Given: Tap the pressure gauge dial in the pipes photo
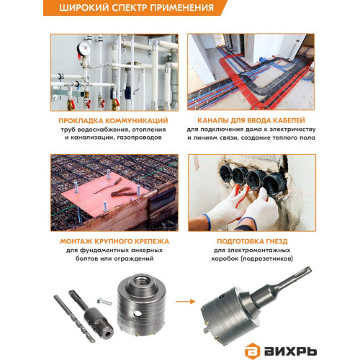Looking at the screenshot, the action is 84,49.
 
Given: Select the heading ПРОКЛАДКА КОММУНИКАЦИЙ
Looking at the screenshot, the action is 113,120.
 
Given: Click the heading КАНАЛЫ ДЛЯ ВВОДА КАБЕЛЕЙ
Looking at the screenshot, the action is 251,120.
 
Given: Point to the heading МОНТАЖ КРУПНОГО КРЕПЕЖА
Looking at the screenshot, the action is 114,241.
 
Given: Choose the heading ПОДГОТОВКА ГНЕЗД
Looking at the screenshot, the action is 252,241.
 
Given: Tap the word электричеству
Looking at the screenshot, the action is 292,130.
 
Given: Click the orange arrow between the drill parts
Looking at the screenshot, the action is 185,302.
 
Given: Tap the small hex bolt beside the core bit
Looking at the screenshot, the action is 104,301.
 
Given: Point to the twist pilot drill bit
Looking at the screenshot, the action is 74,318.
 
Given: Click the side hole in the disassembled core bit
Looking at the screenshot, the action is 138,313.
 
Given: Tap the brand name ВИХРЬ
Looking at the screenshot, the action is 290,351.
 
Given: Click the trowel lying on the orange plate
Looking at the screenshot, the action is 107,185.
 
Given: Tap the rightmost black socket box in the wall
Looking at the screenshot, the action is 274,184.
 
